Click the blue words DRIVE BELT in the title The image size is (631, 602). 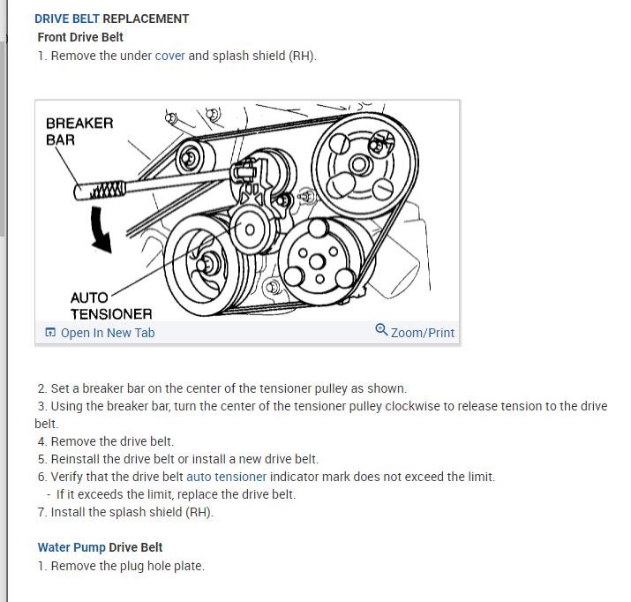pos(67,19)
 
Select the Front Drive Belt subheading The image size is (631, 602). pos(80,37)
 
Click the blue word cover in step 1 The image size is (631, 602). pos(169,56)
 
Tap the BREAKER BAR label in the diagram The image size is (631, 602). pos(79,131)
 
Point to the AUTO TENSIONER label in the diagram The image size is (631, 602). pos(110,305)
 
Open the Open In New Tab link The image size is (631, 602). pos(107,333)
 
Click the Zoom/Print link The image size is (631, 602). pos(422,333)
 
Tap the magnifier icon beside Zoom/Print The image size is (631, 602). pos(381,330)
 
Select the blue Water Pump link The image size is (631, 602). pos(71,547)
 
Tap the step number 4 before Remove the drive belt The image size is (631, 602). pos(41,441)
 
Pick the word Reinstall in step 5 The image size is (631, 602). pos(78,459)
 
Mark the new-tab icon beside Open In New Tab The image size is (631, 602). pos(50,333)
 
